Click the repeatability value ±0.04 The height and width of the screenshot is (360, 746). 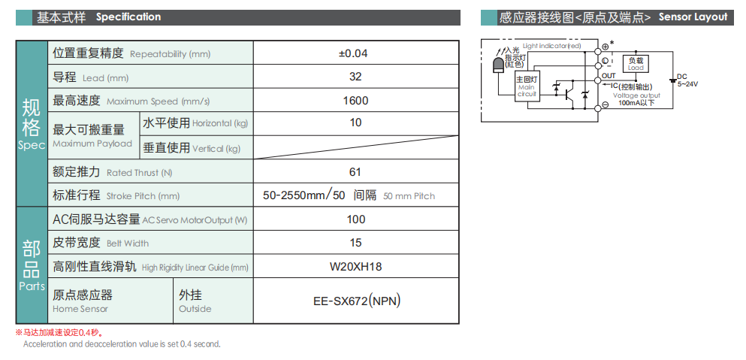(355, 53)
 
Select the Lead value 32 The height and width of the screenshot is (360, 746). (355, 77)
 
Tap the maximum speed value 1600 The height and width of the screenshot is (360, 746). (355, 101)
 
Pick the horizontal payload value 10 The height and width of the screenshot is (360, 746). (355, 123)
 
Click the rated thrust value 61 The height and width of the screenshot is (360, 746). (355, 172)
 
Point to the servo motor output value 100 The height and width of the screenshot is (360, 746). (355, 219)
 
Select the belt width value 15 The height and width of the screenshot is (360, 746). (355, 243)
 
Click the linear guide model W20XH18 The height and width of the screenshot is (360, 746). (355, 266)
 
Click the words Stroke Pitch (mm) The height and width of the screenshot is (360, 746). (143, 196)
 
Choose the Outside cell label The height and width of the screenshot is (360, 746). (195, 309)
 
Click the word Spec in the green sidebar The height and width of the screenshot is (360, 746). (32, 145)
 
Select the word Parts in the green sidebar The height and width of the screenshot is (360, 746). (32, 286)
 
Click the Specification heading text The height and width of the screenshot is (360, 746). (128, 17)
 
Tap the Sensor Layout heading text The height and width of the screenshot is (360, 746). (693, 17)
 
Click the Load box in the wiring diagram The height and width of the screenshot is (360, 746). (636, 64)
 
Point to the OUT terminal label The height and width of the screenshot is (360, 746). (609, 76)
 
